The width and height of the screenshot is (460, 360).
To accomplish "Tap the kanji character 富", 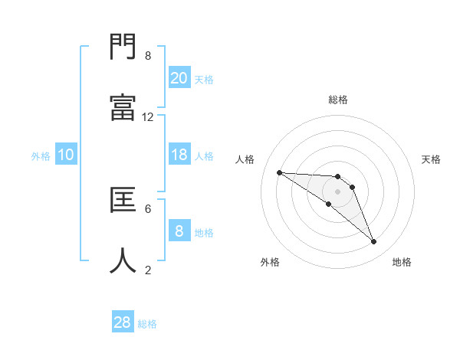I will [x=123, y=108].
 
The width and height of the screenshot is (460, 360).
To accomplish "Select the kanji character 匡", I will [x=123, y=200].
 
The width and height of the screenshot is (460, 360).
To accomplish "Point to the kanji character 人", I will [x=123, y=260].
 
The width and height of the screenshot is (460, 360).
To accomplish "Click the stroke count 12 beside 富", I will [x=148, y=116].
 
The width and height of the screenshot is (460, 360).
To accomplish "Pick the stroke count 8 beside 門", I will [x=148, y=56].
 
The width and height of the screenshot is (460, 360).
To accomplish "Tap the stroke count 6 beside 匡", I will [x=148, y=208].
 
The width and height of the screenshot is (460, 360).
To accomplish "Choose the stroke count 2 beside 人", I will [x=148, y=269].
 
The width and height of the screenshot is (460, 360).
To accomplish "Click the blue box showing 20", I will [x=179, y=77].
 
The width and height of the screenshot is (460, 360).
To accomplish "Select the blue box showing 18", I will [x=179, y=155].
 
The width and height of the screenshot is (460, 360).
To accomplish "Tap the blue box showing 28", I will [x=123, y=322].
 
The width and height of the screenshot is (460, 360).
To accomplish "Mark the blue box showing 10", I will [x=66, y=155].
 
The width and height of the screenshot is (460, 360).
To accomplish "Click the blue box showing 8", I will [x=179, y=231].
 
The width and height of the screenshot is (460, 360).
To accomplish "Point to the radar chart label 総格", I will [x=338, y=100].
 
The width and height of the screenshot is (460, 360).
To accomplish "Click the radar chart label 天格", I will [x=432, y=159].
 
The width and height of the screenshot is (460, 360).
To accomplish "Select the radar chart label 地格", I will [x=402, y=262].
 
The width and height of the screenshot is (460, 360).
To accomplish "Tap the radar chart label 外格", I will [x=270, y=262].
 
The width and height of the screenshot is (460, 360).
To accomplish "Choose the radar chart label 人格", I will [x=245, y=159].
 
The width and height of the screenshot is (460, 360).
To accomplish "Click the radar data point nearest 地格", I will [x=374, y=242].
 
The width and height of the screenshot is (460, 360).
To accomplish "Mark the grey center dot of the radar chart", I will [x=338, y=191].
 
